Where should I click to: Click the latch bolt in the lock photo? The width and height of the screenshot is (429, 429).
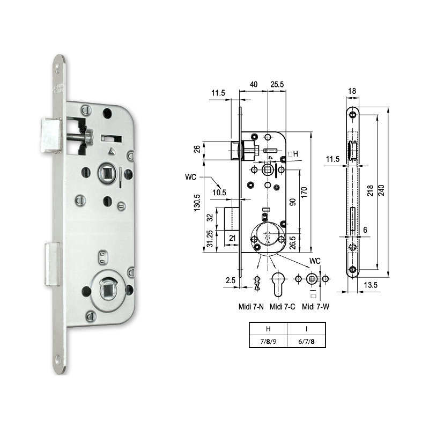tap(52, 136)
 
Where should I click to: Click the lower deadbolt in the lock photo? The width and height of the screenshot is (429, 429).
tap(52, 263)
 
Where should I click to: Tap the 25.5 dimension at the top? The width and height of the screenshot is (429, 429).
tap(277, 85)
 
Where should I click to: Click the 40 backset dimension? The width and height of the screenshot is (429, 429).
tap(254, 85)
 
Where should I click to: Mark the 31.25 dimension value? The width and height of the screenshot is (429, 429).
tap(209, 240)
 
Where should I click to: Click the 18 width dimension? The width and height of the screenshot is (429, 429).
tap(352, 92)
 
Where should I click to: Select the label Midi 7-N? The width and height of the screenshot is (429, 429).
tap(251, 306)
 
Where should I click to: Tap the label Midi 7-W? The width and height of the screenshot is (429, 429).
tap(315, 306)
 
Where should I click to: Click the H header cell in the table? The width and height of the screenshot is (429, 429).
tap(268, 329)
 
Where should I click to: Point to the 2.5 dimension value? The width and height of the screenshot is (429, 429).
tap(231, 279)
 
